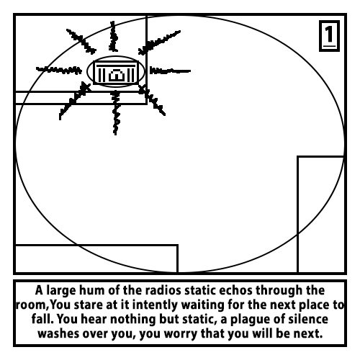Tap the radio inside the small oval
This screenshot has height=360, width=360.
tap(116, 73)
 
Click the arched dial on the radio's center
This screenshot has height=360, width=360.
tap(117, 75)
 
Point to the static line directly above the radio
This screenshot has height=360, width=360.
tap(113, 36)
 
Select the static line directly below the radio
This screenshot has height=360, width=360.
tap(116, 112)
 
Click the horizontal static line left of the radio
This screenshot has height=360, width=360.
tap(59, 70)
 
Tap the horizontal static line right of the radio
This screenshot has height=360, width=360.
tap(170, 71)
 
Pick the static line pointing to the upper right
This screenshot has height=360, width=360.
tap(159, 42)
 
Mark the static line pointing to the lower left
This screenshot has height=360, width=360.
tap(75, 101)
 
